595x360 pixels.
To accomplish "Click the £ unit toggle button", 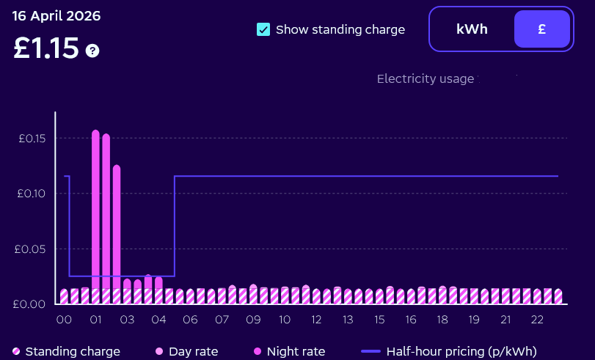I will tap(541, 29).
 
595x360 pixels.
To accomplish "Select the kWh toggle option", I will tap(472, 29).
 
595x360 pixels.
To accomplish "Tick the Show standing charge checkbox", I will tap(263, 29).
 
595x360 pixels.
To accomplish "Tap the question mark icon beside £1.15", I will tap(92, 51).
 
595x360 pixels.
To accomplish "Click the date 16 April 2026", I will tap(56, 15).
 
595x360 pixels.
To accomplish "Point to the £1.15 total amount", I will tap(45, 48).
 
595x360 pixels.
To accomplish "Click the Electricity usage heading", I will tap(426, 78).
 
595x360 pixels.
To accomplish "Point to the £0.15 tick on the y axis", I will tap(32, 139).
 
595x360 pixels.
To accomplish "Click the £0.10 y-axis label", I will tap(32, 194).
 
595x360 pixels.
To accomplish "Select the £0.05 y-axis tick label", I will tap(32, 249).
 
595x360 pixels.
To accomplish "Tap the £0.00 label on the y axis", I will tap(32, 304).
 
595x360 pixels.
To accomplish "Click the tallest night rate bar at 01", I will tap(95, 213).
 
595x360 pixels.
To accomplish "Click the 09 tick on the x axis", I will tap(253, 320).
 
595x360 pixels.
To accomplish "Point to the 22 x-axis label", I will tap(537, 320).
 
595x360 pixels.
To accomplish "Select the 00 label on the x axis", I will tap(64, 320).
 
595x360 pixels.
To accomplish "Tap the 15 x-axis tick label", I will tap(379, 320).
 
